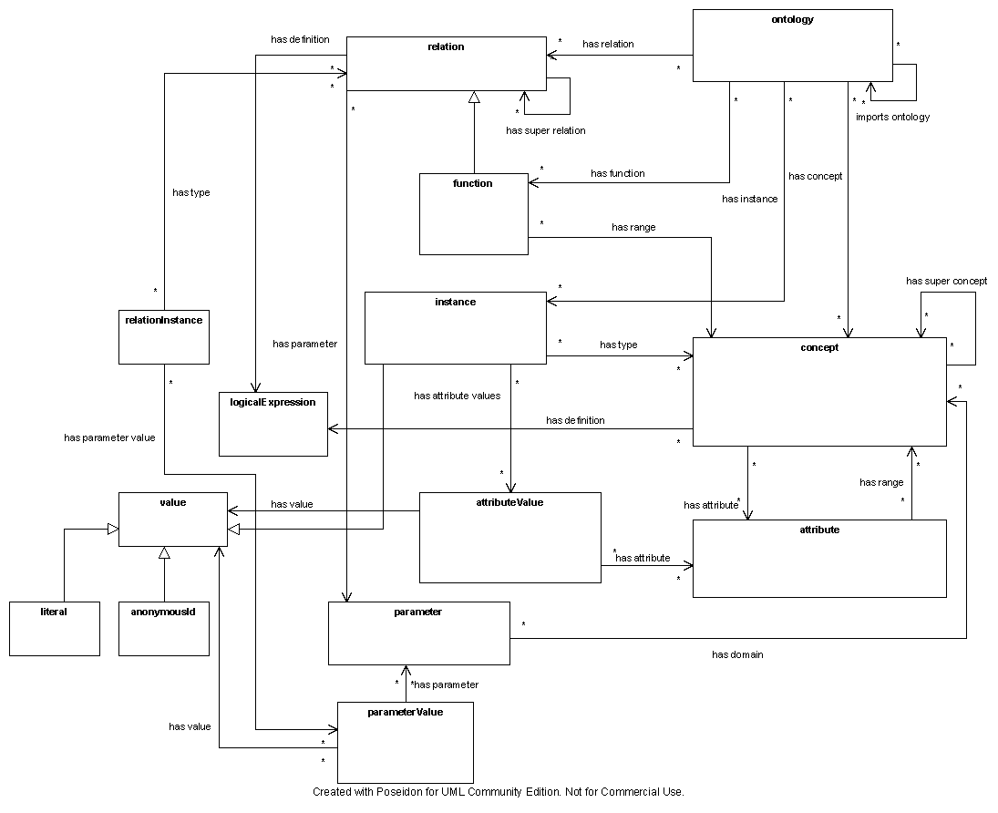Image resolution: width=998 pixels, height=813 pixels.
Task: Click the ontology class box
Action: (792, 46)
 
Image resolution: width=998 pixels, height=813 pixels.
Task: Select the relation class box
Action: (446, 64)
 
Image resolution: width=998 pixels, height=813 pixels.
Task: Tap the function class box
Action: (473, 214)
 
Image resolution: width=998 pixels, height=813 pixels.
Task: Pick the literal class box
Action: (54, 628)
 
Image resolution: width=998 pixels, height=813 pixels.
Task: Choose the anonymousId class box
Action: (163, 628)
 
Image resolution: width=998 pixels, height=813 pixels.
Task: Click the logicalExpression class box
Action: (273, 424)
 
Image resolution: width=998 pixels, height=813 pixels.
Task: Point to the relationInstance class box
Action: (163, 337)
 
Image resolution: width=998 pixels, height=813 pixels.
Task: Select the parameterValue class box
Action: (405, 742)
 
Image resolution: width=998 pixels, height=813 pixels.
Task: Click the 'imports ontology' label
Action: (892, 117)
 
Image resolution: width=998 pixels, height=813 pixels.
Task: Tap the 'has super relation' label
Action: (546, 130)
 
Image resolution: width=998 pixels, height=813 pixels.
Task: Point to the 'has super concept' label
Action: (946, 281)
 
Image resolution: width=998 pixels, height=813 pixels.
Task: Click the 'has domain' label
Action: (737, 654)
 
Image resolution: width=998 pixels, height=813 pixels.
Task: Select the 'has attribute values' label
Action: (457, 396)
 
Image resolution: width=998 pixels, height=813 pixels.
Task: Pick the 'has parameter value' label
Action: (109, 437)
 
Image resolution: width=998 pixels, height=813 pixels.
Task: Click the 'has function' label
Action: (617, 173)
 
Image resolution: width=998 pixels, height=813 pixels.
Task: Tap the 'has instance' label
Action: (749, 199)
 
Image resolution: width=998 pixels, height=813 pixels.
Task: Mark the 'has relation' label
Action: (608, 44)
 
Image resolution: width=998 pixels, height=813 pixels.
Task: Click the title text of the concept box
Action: (819, 347)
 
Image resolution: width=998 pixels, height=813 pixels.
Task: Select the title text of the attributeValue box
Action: (509, 502)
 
